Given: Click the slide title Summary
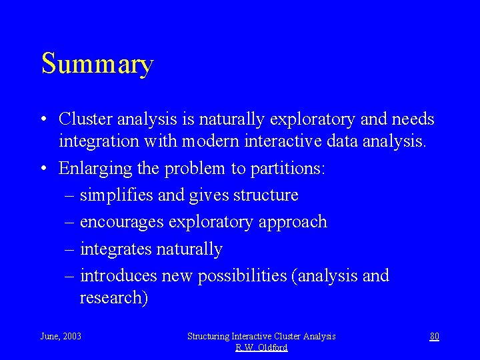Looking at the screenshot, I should [97, 64].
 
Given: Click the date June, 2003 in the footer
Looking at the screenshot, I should [61, 336].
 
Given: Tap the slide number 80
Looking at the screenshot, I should [434, 336].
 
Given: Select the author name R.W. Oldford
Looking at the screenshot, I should [261, 347].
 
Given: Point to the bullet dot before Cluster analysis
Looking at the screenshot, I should [43, 120].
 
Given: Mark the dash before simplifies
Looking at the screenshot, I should [71, 196].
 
